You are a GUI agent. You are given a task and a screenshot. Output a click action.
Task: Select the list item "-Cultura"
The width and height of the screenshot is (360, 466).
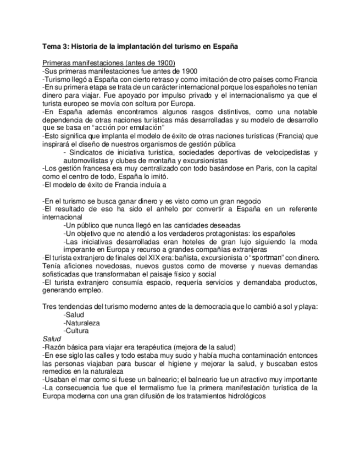77,331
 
